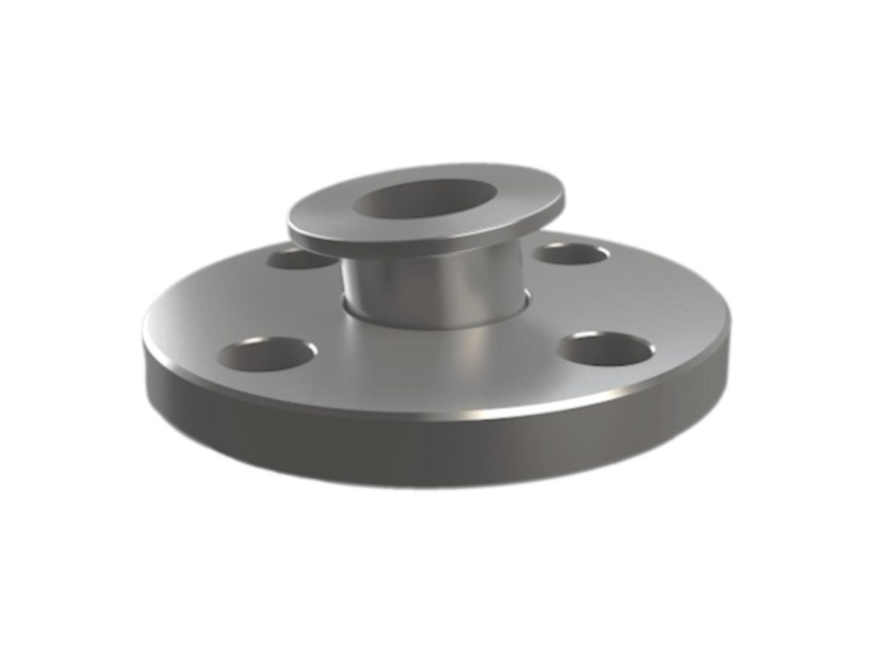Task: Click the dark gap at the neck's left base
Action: pos(344,304)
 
